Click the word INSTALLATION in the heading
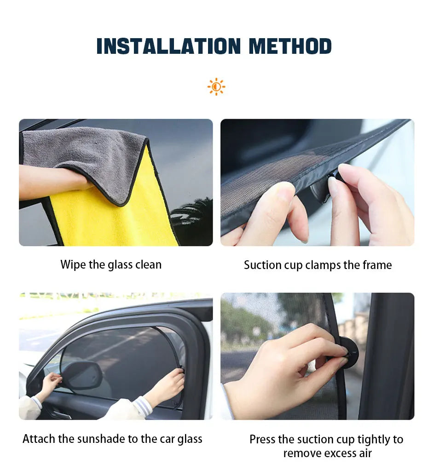point(168,46)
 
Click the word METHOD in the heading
point(290,46)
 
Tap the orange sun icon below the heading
point(216,87)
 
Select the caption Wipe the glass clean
point(111,264)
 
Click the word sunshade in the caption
point(98,439)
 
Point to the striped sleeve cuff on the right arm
point(143,406)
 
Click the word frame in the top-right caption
point(376,265)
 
